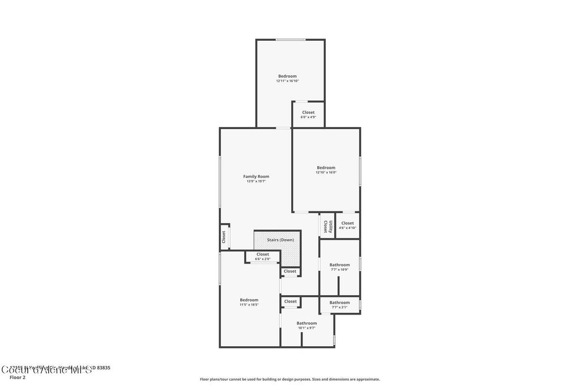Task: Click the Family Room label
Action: pos(256,177)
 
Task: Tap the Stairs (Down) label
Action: pos(280,240)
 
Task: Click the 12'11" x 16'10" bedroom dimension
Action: pos(287,81)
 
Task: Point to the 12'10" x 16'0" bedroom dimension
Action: pos(326,172)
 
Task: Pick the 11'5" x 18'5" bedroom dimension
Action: pos(249,305)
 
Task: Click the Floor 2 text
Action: pos(18,377)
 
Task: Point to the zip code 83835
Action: pos(104,368)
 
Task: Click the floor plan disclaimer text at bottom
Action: pos(289,379)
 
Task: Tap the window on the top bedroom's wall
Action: pos(291,40)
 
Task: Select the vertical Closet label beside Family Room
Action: pos(224,237)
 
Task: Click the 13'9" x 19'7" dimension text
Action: pos(256,181)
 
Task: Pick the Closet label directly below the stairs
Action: pos(290,271)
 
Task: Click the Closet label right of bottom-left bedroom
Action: pos(291,301)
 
